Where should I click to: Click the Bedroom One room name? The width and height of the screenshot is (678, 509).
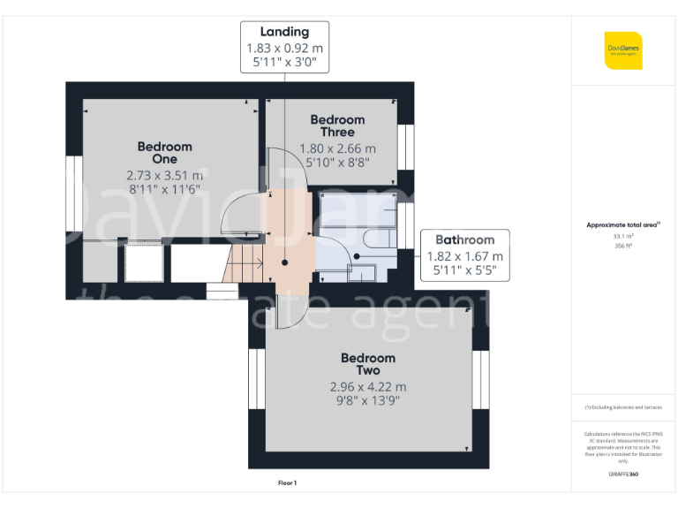click(164, 152)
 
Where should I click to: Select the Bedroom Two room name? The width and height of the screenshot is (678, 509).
click(368, 364)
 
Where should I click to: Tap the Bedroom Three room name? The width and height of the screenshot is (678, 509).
click(337, 125)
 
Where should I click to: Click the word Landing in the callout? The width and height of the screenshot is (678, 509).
click(284, 33)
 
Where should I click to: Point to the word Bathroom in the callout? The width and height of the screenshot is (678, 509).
click(464, 239)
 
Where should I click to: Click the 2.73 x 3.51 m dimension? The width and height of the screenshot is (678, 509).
click(164, 175)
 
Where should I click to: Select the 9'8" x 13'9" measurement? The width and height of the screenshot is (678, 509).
click(368, 401)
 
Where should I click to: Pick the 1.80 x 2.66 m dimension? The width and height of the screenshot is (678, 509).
click(337, 148)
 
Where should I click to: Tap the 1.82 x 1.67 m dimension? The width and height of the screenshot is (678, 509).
click(464, 256)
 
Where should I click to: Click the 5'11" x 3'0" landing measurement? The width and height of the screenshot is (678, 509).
click(284, 64)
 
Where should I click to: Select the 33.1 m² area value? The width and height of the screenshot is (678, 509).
click(623, 236)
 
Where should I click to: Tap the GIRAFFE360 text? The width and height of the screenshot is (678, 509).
click(623, 475)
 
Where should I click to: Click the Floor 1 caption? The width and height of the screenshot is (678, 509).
click(287, 483)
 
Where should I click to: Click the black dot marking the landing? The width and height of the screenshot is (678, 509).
click(284, 262)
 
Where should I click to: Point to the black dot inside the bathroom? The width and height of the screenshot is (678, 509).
click(357, 256)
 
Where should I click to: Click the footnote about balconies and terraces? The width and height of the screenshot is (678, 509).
click(623, 407)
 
